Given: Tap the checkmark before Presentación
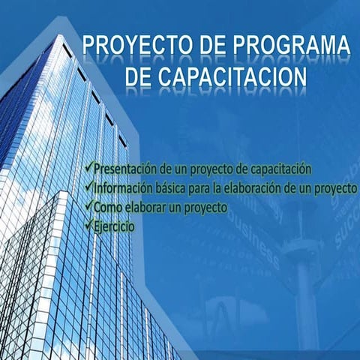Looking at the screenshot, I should point(90,169).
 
